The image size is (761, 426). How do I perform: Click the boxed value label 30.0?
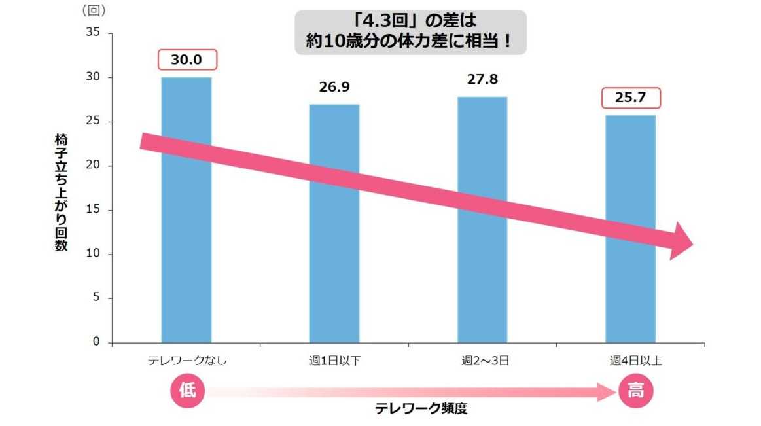click(186, 60)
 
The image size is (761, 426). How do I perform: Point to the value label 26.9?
click(334, 88)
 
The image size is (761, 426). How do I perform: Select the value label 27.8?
click(482, 79)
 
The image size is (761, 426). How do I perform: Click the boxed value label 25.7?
click(631, 98)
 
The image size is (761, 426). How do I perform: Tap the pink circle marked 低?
click(187, 391)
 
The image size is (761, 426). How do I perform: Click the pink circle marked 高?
click(635, 391)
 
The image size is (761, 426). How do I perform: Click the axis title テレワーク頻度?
click(421, 409)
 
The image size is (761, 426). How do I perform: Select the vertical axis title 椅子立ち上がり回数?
click(61, 194)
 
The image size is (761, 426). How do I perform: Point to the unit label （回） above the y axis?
click(94, 10)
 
